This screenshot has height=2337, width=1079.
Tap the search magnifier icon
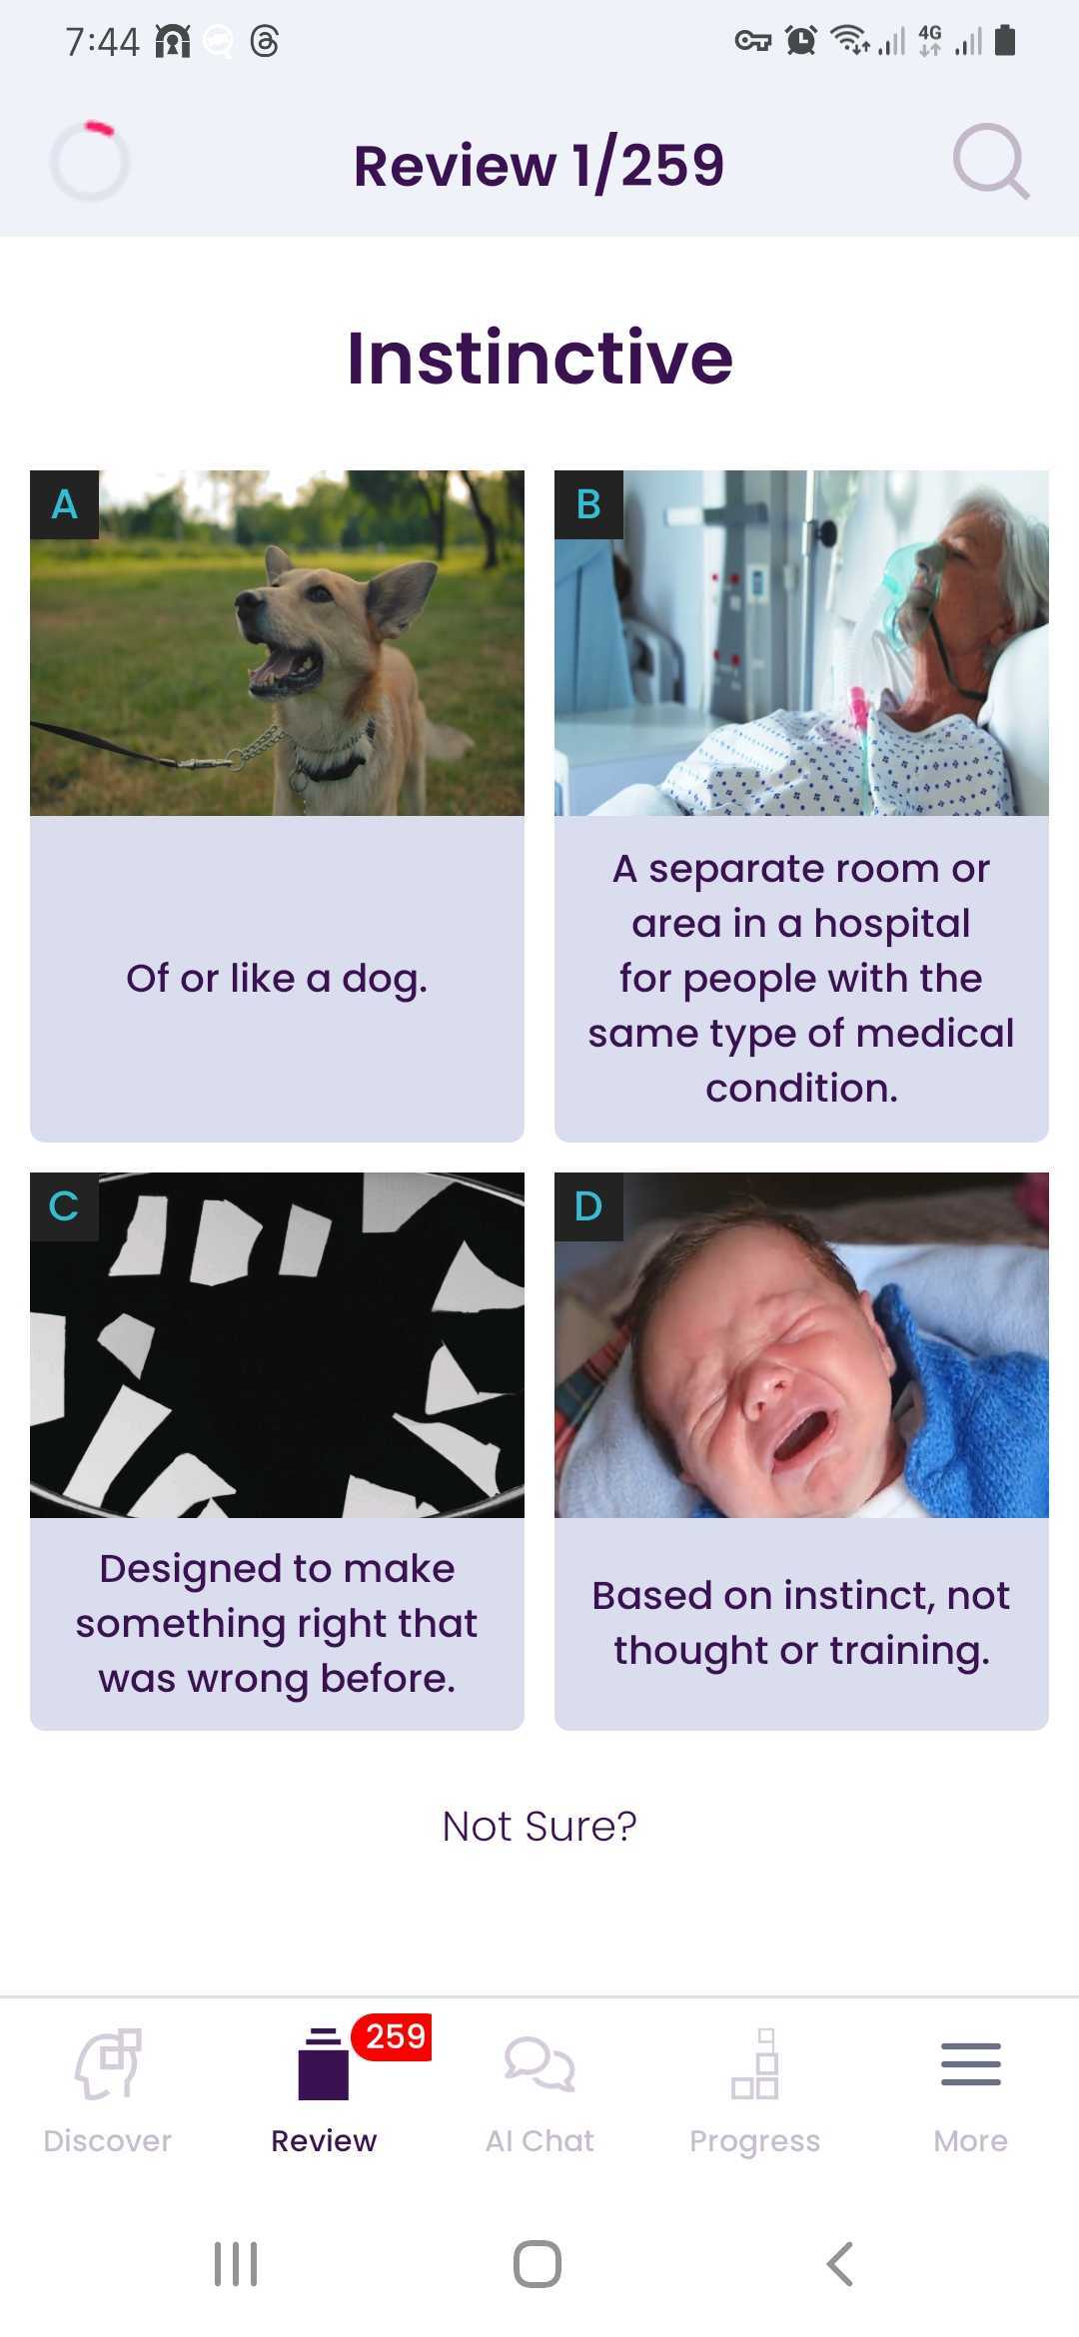pos(988,160)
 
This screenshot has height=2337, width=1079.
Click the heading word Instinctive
pos(539,358)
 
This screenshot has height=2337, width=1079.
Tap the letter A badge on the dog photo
pos(65,504)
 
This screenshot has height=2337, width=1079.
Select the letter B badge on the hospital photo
pos(589,504)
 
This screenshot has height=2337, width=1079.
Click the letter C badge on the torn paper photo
pos(65,1206)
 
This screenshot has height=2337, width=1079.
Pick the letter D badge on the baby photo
pos(589,1206)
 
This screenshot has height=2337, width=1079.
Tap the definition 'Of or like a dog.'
pos(277,979)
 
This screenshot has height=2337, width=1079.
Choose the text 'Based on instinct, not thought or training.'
pos(801,1623)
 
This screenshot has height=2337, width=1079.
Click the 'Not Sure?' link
pos(539,1826)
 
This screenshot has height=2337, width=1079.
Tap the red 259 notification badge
pos(395,2036)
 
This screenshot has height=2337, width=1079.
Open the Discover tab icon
pos(108,2063)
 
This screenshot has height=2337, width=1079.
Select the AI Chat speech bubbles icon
pos(539,2063)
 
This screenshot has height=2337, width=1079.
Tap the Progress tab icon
pos(755,2063)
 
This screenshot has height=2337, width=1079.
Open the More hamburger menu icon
pos(970,2063)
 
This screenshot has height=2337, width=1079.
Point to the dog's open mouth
pos(288,666)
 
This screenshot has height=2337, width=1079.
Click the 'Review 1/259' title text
pos(539,165)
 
